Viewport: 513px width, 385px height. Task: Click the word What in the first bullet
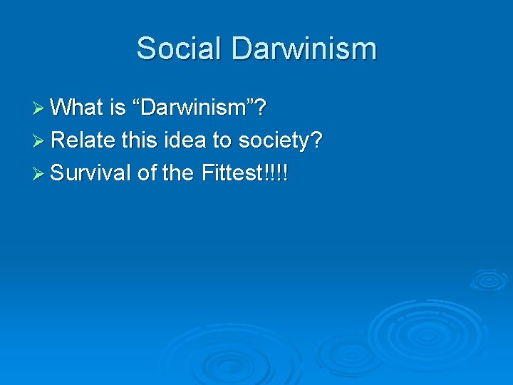pyautogui.click(x=78, y=108)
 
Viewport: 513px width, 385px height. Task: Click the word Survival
pyautogui.click(x=90, y=173)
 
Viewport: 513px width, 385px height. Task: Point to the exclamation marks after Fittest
pyautogui.click(x=276, y=173)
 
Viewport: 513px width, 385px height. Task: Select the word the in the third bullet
pyautogui.click(x=177, y=173)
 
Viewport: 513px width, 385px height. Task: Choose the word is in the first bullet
pyautogui.click(x=118, y=108)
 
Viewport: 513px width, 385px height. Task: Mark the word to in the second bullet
pyautogui.click(x=221, y=140)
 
